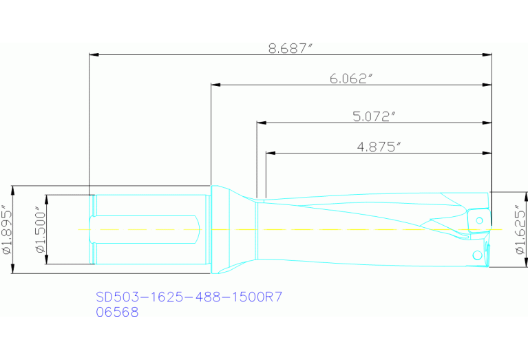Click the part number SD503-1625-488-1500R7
pos(189,297)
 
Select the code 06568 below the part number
pos(117,312)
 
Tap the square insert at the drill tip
pos(479,221)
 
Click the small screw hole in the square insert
pos(480,220)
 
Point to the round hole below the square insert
pos(477,255)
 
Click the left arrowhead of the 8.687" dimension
pos(94,54)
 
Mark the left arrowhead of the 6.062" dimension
pos(215,85)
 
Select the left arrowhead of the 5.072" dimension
pos(261,123)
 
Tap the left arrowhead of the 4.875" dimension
pos(270,153)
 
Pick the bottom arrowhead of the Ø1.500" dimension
pos(46,260)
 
